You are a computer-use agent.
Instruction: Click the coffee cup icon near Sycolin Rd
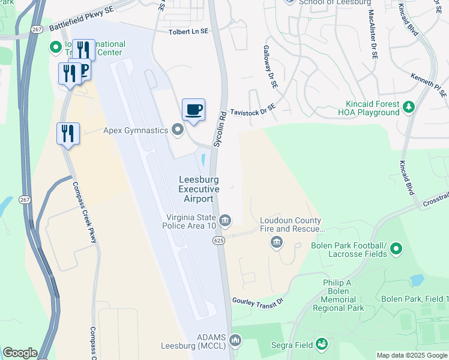[193, 110]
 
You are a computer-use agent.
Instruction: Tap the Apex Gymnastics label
[136, 130]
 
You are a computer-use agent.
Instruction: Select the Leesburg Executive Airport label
[199, 189]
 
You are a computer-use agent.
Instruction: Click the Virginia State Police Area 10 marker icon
[225, 221]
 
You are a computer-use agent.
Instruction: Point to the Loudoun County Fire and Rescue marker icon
[277, 242]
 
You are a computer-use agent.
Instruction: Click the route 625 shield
[218, 240]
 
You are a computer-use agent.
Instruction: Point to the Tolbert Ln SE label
[188, 31]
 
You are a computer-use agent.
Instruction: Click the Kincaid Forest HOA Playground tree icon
[409, 107]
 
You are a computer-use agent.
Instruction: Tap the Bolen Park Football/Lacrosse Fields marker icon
[396, 248]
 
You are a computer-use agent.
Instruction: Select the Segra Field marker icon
[322, 344]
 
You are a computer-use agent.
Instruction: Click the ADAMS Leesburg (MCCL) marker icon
[236, 340]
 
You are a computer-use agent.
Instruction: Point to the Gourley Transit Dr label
[258, 301]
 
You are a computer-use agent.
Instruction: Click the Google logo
[20, 353]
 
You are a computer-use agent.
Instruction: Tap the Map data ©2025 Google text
[412, 355]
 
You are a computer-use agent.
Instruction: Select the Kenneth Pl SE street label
[429, 84]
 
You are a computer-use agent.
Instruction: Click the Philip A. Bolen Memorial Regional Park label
[339, 295]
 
